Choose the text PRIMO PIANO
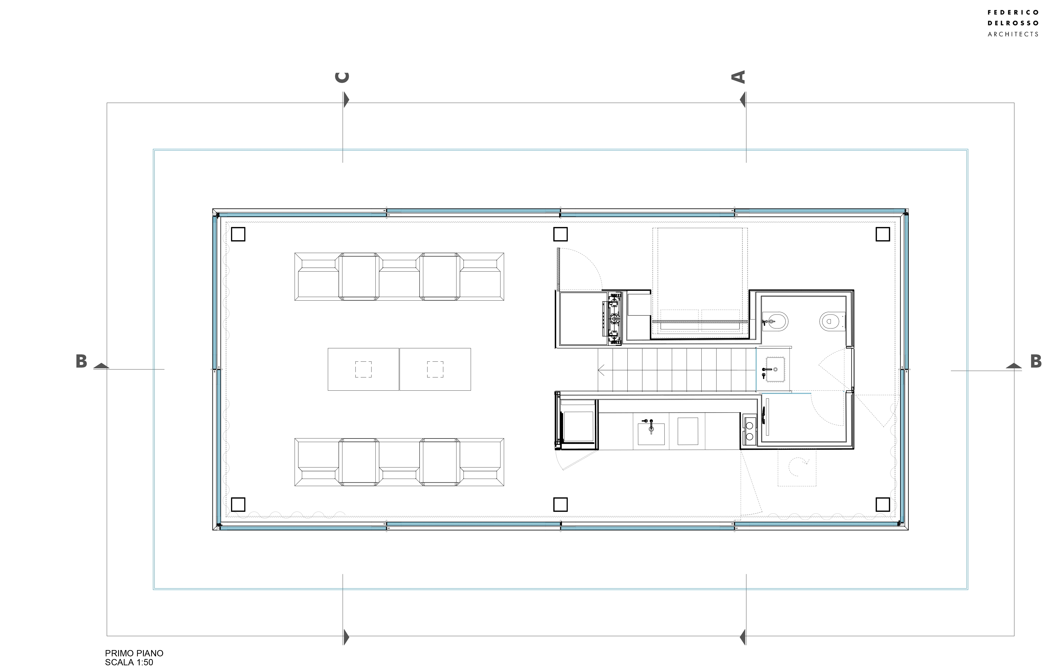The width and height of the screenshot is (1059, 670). [134, 653]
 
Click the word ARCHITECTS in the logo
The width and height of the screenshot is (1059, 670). [1013, 34]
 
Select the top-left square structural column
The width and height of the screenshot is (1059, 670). [238, 234]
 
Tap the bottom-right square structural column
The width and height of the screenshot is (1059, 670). [883, 504]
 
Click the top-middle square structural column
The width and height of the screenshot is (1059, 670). [560, 234]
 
